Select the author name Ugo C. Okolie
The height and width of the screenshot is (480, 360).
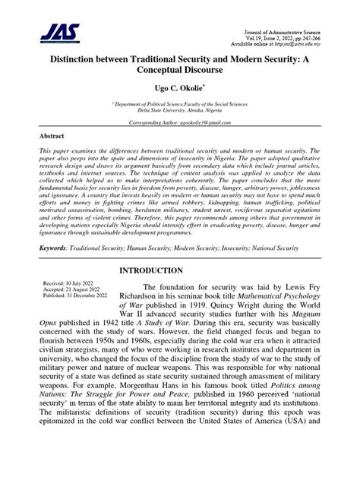point(178,89)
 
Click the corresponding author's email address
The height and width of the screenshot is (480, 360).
point(209,122)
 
